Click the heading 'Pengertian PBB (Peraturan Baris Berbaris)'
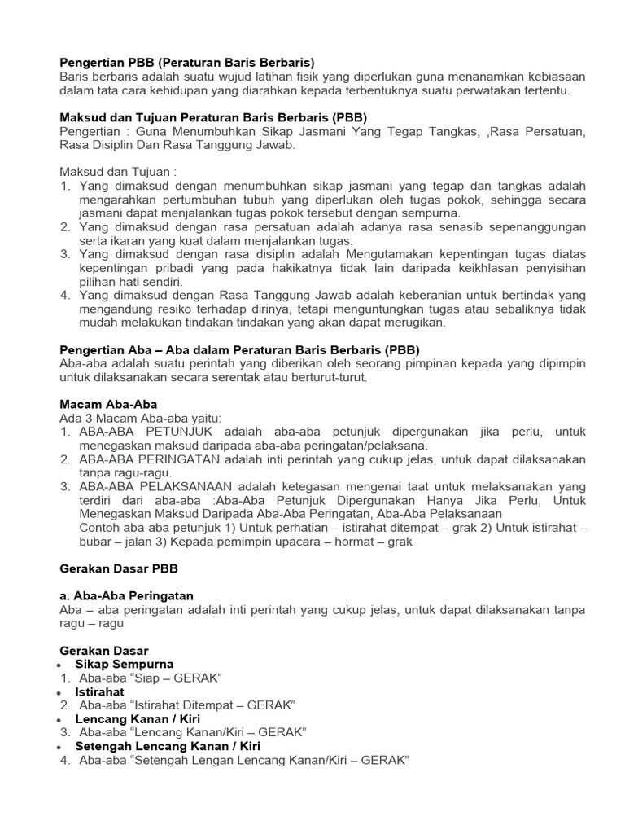[x=186, y=62]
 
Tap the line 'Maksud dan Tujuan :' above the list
[x=118, y=172]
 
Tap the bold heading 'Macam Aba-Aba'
[x=109, y=404]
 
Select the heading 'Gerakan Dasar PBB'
[x=119, y=568]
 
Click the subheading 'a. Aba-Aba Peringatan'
[x=127, y=596]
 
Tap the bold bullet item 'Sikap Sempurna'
[x=125, y=665]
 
